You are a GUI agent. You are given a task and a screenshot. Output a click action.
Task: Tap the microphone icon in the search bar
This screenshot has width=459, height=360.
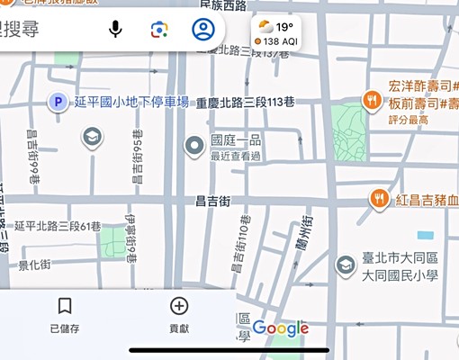(115, 29)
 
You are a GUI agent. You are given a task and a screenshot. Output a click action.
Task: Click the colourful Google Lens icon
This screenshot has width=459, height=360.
(159, 29)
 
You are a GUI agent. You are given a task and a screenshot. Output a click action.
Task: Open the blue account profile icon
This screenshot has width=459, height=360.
(203, 29)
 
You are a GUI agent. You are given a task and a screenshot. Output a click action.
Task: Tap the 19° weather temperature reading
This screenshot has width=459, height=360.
(284, 27)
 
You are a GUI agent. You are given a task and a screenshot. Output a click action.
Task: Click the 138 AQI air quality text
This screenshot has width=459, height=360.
(278, 41)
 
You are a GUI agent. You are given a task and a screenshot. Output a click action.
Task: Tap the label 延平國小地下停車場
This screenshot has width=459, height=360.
(131, 103)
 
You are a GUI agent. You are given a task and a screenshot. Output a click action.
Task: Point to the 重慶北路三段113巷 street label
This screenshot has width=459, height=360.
(247, 103)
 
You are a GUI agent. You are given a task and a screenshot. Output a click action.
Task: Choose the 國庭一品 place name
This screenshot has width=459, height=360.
(235, 140)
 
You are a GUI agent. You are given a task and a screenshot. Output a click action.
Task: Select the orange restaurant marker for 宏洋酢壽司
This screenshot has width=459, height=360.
(372, 99)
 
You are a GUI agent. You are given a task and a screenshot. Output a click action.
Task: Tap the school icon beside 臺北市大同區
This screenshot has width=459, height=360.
(345, 265)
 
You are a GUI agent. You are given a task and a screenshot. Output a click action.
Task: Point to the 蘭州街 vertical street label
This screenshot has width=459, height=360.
(310, 234)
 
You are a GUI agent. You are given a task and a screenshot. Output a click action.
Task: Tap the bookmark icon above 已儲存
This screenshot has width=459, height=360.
(64, 306)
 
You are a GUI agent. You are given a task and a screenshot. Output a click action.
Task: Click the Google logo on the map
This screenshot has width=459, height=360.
(280, 328)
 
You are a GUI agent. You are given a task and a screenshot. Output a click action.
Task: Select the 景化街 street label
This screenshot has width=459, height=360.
(34, 265)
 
